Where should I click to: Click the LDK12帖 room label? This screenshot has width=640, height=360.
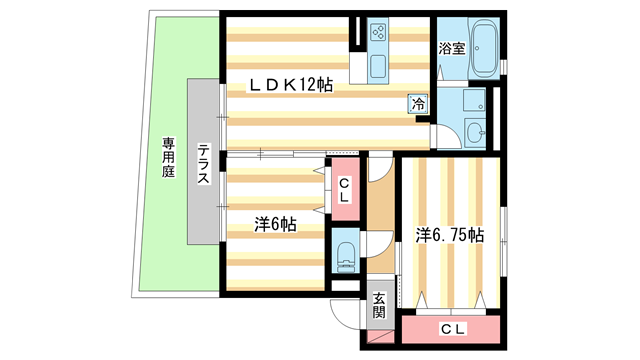(291, 85)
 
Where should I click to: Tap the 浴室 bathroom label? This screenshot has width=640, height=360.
(452, 49)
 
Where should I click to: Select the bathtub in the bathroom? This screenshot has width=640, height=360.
(483, 48)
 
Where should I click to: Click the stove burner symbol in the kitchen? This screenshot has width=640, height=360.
(378, 32)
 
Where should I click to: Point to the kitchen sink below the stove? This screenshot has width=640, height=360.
(378, 67)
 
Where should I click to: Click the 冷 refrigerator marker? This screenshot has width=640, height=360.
(418, 103)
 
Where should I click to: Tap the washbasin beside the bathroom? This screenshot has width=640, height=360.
(475, 132)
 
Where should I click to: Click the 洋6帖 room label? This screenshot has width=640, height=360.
(275, 225)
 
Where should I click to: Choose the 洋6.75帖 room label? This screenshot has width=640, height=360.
(450, 236)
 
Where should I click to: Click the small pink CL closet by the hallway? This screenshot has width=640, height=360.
(345, 189)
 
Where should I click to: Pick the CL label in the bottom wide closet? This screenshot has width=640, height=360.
(453, 329)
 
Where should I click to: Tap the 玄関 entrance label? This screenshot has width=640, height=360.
(380, 305)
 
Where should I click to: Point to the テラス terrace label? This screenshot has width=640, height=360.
(204, 163)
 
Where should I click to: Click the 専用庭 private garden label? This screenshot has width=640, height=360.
(168, 157)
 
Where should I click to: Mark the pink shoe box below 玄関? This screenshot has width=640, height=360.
(381, 336)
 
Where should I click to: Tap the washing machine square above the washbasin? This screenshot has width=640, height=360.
(474, 100)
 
